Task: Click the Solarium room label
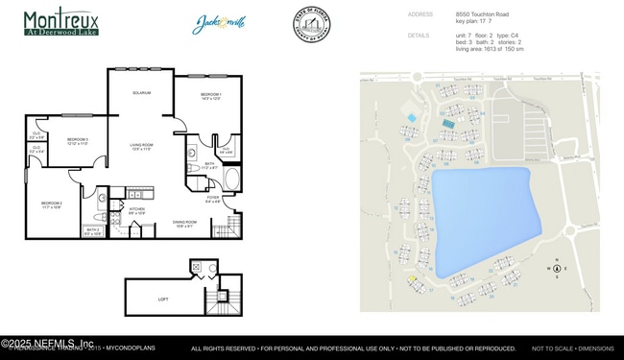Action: tap(141, 92)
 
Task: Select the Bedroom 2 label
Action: tap(52, 204)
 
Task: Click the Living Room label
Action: tap(142, 147)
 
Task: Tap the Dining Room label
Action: tap(185, 224)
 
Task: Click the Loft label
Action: tap(163, 299)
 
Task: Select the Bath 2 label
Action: tap(92, 231)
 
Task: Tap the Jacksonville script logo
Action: tap(221, 22)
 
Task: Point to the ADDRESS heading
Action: tap(420, 14)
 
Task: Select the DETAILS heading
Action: tap(419, 35)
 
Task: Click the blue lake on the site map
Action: tap(480, 216)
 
